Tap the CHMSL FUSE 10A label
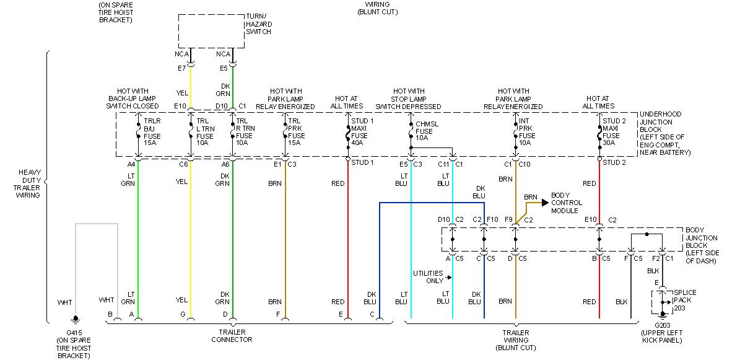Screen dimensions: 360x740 (x=427, y=131)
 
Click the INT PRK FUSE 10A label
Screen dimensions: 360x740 (x=528, y=131)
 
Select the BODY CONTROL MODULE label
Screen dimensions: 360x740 (x=566, y=203)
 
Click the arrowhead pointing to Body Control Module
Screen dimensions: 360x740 (x=545, y=202)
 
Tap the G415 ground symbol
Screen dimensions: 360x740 (x=76, y=320)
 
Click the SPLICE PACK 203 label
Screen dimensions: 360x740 (x=684, y=301)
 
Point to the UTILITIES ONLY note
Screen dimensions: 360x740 (x=428, y=277)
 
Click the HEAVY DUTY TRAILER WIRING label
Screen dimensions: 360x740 (x=28, y=183)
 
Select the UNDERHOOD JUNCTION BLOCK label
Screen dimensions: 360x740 (x=665, y=133)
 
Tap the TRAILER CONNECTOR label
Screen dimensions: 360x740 (x=232, y=335)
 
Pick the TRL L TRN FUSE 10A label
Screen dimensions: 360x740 (x=206, y=131)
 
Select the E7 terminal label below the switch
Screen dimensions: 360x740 (x=181, y=68)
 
